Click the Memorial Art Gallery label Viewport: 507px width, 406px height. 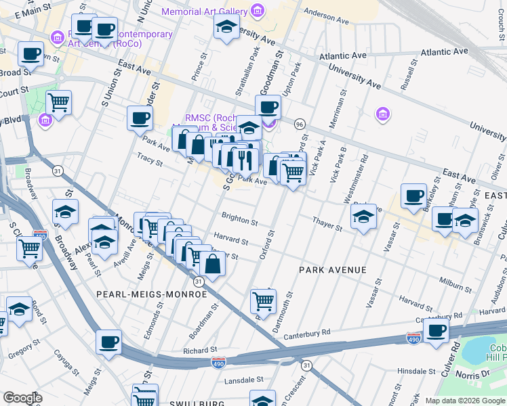[205, 12]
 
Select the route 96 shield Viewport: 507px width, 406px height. [300, 124]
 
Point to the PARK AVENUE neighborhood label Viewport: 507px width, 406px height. [333, 270]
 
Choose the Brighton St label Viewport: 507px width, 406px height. [239, 221]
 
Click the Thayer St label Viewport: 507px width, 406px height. [327, 224]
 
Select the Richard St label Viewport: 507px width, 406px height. [199, 351]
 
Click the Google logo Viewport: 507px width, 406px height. [22, 398]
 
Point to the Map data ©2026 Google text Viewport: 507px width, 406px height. [465, 401]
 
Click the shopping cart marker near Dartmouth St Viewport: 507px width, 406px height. [262, 299]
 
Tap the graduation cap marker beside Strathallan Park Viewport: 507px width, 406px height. [226, 27]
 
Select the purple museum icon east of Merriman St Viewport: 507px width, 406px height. [382, 114]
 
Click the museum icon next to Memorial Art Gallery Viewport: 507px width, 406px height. [257, 11]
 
